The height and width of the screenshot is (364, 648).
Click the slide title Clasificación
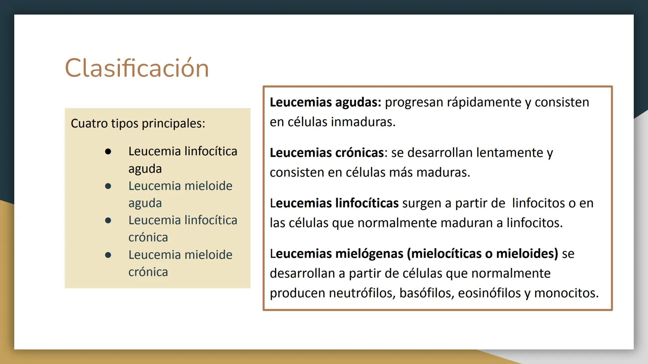coord(137,68)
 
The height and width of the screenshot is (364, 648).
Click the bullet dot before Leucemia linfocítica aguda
coord(108,152)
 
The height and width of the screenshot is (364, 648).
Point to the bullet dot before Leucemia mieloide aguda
coord(108,186)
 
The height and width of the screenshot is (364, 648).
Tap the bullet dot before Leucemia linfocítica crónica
coord(108,220)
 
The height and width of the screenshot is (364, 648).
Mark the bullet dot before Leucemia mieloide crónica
coord(108,255)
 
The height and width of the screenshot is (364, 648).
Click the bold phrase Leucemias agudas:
coord(325,102)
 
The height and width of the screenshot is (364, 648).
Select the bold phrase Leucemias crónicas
coord(326,153)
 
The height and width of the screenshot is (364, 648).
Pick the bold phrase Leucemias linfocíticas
coord(334,203)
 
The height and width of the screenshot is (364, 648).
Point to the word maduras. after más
coord(443,173)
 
